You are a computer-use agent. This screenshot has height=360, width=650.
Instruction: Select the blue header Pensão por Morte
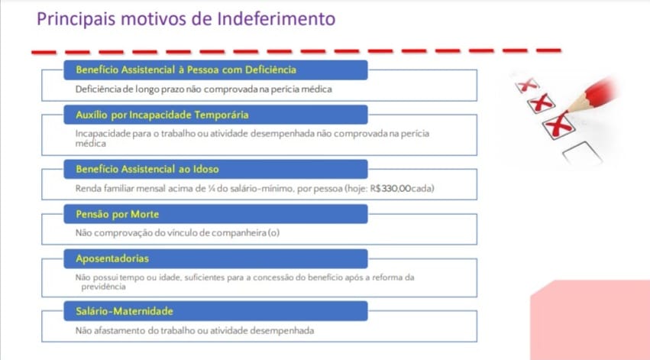click(x=117, y=214)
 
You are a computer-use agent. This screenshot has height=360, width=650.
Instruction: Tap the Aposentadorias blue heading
click(x=112, y=258)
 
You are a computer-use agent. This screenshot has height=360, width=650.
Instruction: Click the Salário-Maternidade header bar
click(x=124, y=311)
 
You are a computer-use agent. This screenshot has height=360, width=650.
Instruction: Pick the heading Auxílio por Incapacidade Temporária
click(x=162, y=115)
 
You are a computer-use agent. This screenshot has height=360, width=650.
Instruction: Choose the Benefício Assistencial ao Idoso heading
click(x=147, y=169)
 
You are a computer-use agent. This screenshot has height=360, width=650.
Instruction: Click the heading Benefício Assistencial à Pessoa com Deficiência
click(x=186, y=70)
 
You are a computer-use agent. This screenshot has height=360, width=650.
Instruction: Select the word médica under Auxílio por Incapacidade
click(x=90, y=143)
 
